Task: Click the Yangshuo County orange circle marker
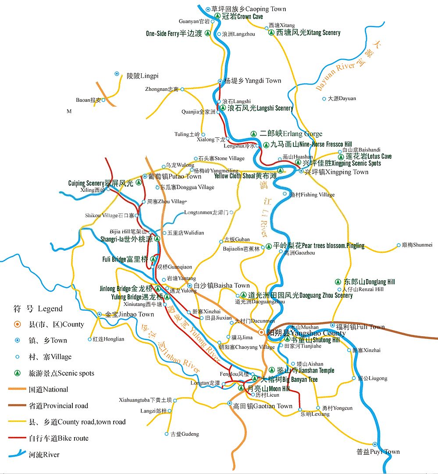[261, 332]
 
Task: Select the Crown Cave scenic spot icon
[217, 16]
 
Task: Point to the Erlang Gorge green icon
[253, 133]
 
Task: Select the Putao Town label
[174, 176]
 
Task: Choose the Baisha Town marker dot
[190, 286]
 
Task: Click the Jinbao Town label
[129, 314]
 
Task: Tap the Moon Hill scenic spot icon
[241, 388]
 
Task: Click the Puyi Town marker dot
[374, 445]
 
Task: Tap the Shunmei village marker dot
[399, 245]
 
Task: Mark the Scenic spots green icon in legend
[17, 373]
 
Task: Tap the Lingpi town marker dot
[117, 74]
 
